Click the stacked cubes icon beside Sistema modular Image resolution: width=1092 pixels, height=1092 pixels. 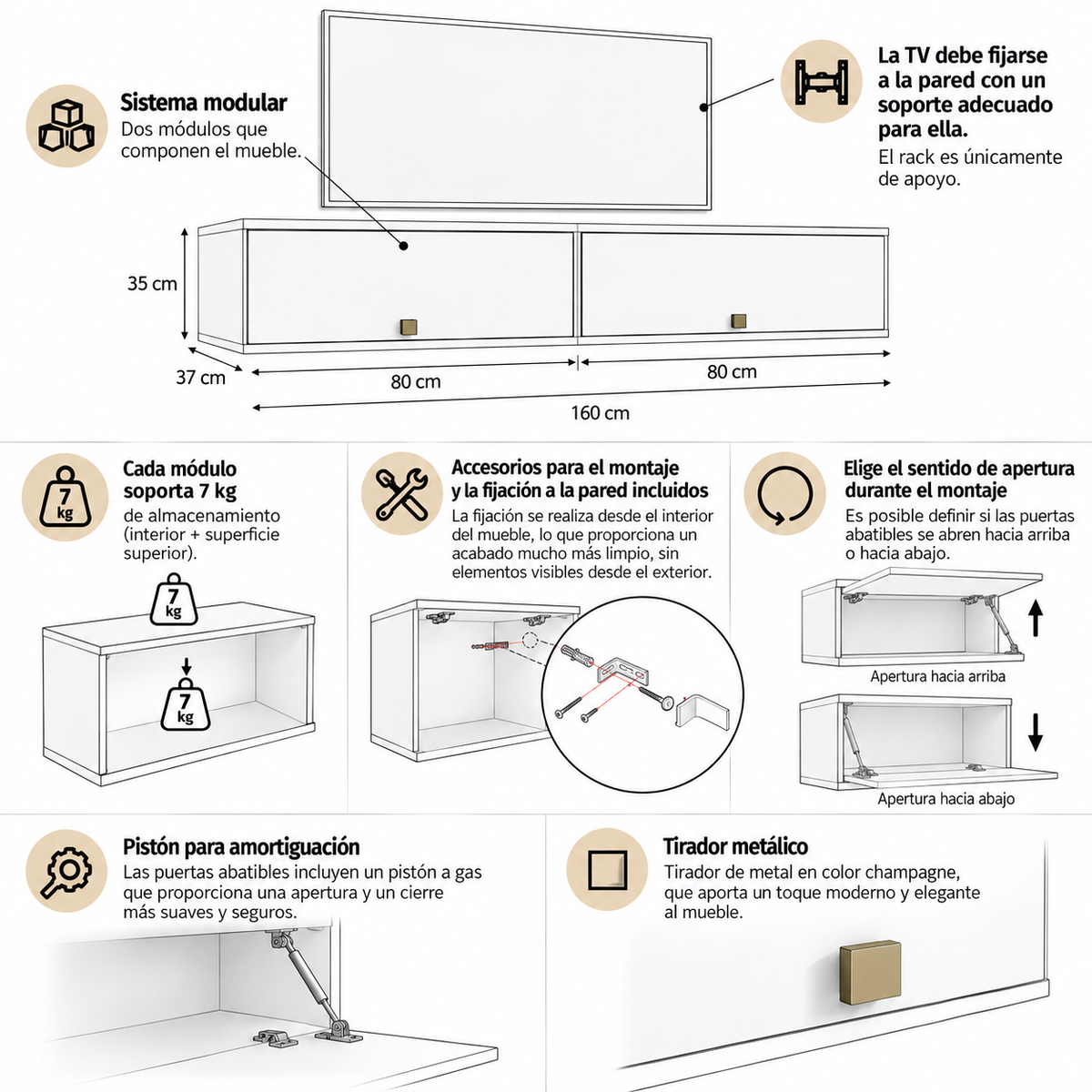click(x=66, y=126)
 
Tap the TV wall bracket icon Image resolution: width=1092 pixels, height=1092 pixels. click(x=821, y=82)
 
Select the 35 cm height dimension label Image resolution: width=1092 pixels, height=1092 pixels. click(x=152, y=283)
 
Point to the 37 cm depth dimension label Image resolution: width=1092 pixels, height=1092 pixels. click(x=200, y=378)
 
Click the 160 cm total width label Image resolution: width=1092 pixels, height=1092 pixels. click(x=600, y=412)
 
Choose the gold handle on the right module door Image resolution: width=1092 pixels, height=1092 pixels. click(x=738, y=321)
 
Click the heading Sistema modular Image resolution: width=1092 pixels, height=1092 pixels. click(x=204, y=103)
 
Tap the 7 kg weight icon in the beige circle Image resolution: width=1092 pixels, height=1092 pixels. click(x=66, y=497)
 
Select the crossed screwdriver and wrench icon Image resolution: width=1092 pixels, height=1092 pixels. click(x=402, y=493)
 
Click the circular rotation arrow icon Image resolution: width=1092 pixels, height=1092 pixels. click(x=784, y=494)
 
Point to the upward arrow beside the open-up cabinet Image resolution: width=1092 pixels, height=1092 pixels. click(x=1036, y=618)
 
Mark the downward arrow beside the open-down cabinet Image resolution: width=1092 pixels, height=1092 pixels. click(x=1036, y=733)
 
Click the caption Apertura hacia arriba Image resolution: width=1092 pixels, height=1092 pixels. click(x=938, y=676)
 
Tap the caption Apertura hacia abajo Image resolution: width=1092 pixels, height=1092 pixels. click(x=946, y=798)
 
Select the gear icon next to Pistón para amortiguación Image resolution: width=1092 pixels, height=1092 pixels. click(x=66, y=872)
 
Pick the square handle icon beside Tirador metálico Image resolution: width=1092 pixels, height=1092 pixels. click(x=607, y=870)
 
